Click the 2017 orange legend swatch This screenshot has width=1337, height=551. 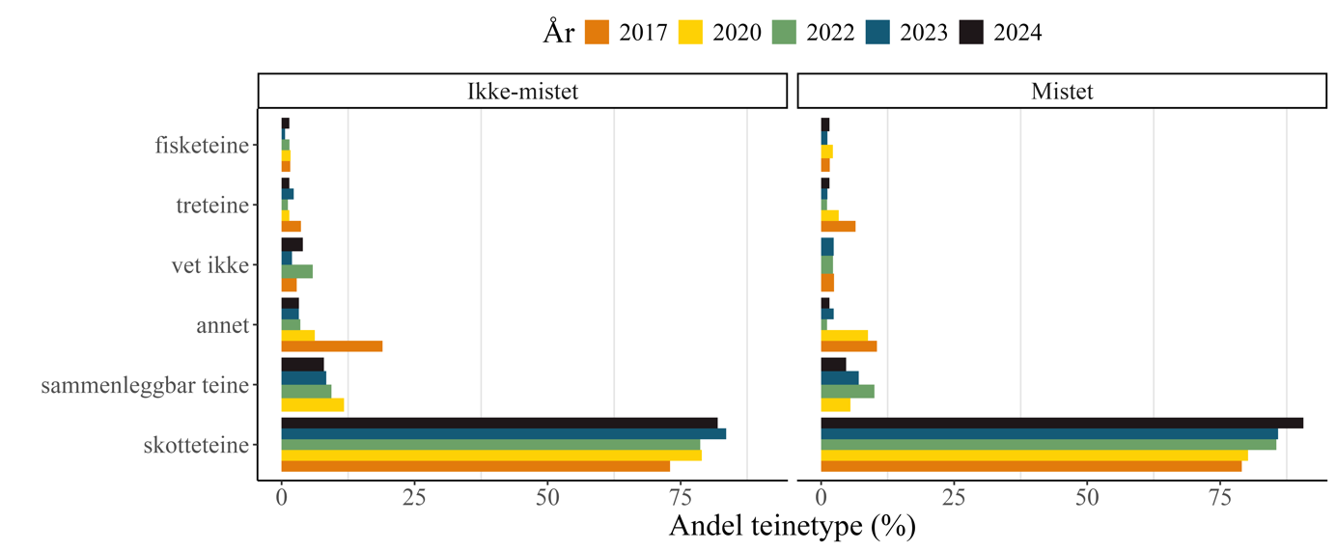click(x=597, y=33)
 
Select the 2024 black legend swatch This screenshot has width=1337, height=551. click(x=971, y=33)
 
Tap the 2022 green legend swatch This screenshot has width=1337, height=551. click(x=784, y=33)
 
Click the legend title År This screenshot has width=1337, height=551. click(x=559, y=33)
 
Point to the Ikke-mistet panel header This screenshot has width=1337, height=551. click(x=522, y=92)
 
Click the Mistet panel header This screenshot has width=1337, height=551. click(x=1062, y=92)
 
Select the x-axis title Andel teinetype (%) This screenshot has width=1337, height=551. click(x=792, y=527)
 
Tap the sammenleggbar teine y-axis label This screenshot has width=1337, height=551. click(x=145, y=386)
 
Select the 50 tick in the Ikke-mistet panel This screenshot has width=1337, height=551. click(x=547, y=500)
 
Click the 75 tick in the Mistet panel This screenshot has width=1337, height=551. click(x=1220, y=500)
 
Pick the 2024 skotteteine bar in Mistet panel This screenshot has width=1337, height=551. click(x=1062, y=423)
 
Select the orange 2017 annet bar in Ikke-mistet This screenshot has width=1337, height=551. click(x=332, y=346)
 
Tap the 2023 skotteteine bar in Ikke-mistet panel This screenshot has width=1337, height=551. click(x=503, y=433)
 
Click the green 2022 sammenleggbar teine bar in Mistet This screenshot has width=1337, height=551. click(x=848, y=391)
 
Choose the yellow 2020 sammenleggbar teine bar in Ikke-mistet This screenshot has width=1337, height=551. click(x=313, y=405)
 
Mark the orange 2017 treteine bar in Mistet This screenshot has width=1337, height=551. click(x=838, y=227)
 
